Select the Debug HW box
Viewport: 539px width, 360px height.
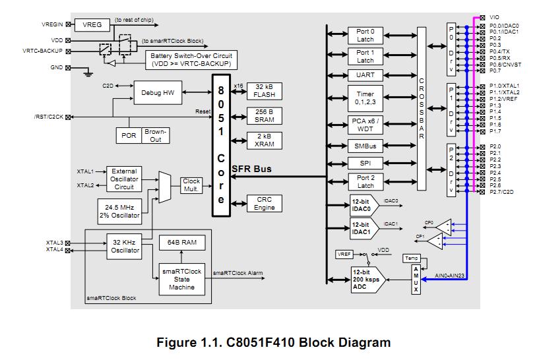pyautogui.click(x=158, y=93)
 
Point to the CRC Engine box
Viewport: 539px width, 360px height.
pyautogui.click(x=264, y=204)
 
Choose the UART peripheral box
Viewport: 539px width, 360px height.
pyautogui.click(x=365, y=76)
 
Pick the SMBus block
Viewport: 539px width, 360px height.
pyautogui.click(x=365, y=147)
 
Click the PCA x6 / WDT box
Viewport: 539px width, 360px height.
pyautogui.click(x=365, y=124)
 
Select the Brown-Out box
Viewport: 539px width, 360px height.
pyautogui.click(x=155, y=136)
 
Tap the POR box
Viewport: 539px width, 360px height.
pyautogui.click(x=128, y=136)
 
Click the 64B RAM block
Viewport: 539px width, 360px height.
pyautogui.click(x=182, y=243)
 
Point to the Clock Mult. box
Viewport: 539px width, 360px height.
pyautogui.click(x=191, y=185)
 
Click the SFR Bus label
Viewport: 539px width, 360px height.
pyautogui.click(x=251, y=169)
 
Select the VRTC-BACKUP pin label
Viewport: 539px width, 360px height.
pyautogui.click(x=42, y=50)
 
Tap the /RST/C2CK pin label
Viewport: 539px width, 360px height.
pyautogui.click(x=48, y=117)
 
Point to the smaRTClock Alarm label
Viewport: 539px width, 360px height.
pyautogui.click(x=238, y=273)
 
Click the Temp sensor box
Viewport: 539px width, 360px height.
pyautogui.click(x=411, y=258)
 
